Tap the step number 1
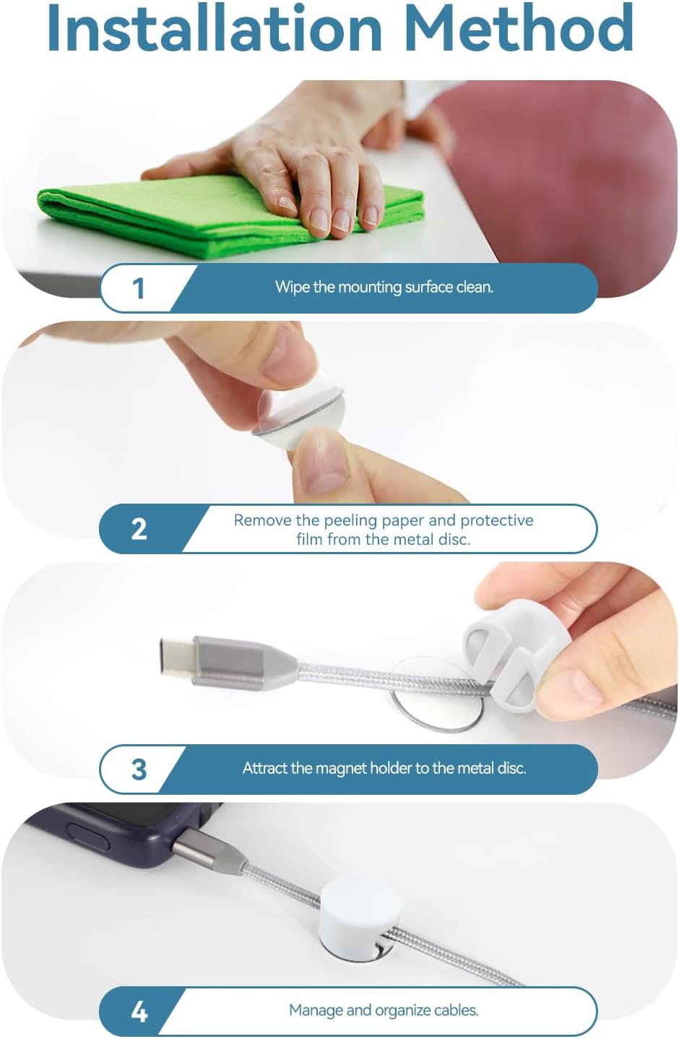tap(138, 288)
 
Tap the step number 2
tap(139, 529)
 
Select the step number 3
tap(139, 769)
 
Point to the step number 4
tap(139, 1011)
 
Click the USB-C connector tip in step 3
tap(177, 655)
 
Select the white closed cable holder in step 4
tap(359, 909)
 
